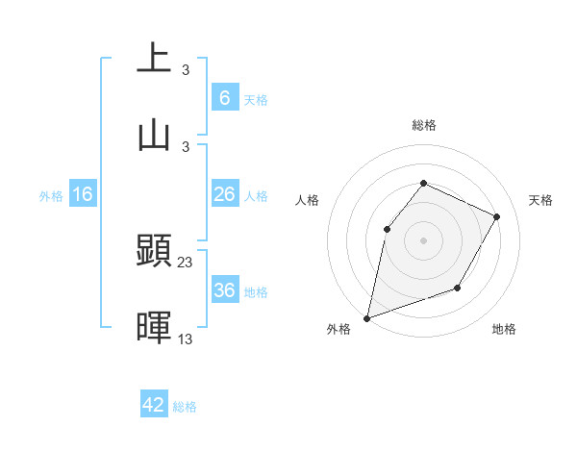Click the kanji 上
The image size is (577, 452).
[154, 59]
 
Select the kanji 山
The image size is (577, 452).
[154, 134]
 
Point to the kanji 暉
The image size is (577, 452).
[154, 328]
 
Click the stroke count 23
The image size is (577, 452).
[186, 262]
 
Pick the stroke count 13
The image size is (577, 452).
[186, 339]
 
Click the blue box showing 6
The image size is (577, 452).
[224, 98]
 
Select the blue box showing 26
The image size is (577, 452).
[224, 194]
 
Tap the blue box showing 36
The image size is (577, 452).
[224, 290]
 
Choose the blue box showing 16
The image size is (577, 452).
[83, 194]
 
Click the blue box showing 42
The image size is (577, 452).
[154, 405]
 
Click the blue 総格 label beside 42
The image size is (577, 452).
[185, 407]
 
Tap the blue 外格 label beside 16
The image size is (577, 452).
[51, 196]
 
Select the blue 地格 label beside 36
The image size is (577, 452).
[256, 292]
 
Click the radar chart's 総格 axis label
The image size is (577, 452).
[423, 125]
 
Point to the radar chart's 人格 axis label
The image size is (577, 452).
[308, 200]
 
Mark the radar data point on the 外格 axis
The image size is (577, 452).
[366, 317]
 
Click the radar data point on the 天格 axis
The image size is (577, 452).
[497, 216]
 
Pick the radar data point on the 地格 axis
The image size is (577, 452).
[458, 288]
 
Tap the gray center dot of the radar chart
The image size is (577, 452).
[423, 239]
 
